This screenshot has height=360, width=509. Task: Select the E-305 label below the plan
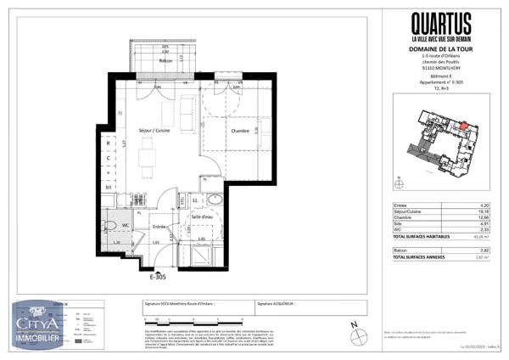pos(159,276)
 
